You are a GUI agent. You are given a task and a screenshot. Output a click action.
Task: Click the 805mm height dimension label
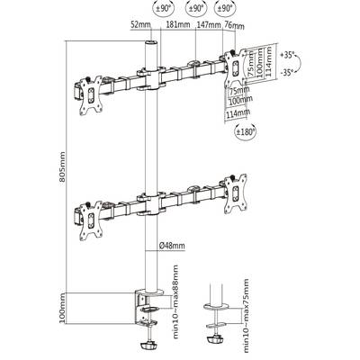[x=62, y=167]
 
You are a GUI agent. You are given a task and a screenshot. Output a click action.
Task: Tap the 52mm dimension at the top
[x=140, y=24]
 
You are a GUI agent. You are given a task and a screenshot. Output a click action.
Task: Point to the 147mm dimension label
[x=209, y=24]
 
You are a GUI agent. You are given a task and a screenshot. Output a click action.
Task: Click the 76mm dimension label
[x=234, y=26]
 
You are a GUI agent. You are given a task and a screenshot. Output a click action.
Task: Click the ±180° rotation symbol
[x=245, y=131]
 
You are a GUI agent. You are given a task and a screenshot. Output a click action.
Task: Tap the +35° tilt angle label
[x=288, y=55]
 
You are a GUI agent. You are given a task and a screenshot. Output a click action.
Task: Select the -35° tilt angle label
[x=287, y=72]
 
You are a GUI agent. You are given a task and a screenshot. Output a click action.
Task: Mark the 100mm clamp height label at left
[x=62, y=309]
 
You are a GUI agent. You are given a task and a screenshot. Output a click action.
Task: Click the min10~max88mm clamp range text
[x=175, y=301]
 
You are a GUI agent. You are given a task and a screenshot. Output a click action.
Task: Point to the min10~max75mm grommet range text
[x=246, y=316]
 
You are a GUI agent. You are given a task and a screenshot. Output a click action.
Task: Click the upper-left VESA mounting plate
[x=91, y=95]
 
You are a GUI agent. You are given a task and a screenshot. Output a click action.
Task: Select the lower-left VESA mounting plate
[x=91, y=220]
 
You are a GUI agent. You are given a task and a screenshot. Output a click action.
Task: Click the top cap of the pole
[x=151, y=42]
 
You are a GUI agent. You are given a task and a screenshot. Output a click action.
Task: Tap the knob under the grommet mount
[x=215, y=340]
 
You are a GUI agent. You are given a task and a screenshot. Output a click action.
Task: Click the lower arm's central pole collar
[x=151, y=203]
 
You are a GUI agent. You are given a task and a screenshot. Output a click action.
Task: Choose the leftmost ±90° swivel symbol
[x=163, y=8]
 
